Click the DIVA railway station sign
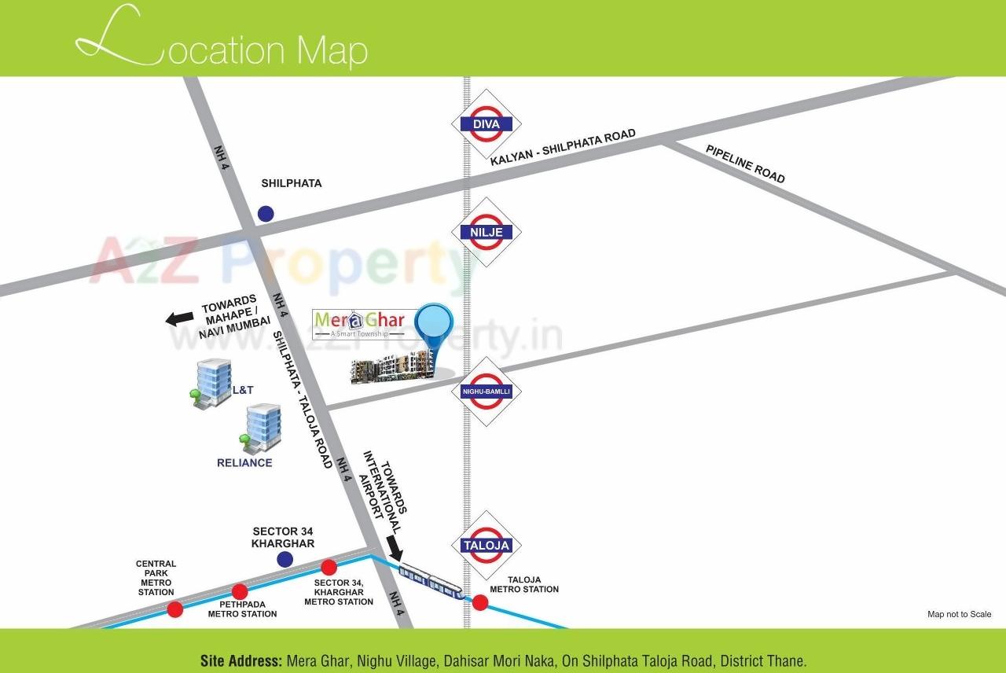tap(486, 123)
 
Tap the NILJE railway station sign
tap(486, 232)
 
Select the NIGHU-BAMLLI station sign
tap(486, 392)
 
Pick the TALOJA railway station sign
tap(486, 545)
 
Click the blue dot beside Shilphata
tap(266, 213)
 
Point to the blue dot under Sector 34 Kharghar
tap(285, 559)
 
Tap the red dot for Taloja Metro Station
tap(479, 603)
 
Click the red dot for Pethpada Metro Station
tap(240, 591)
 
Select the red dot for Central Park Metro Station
tap(175, 609)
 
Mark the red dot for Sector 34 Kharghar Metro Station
tap(329, 567)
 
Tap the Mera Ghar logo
tap(359, 322)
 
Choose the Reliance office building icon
tap(262, 428)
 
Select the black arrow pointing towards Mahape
tap(179, 318)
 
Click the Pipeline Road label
tap(745, 164)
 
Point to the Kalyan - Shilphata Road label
tap(563, 148)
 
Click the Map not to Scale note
tap(959, 615)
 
